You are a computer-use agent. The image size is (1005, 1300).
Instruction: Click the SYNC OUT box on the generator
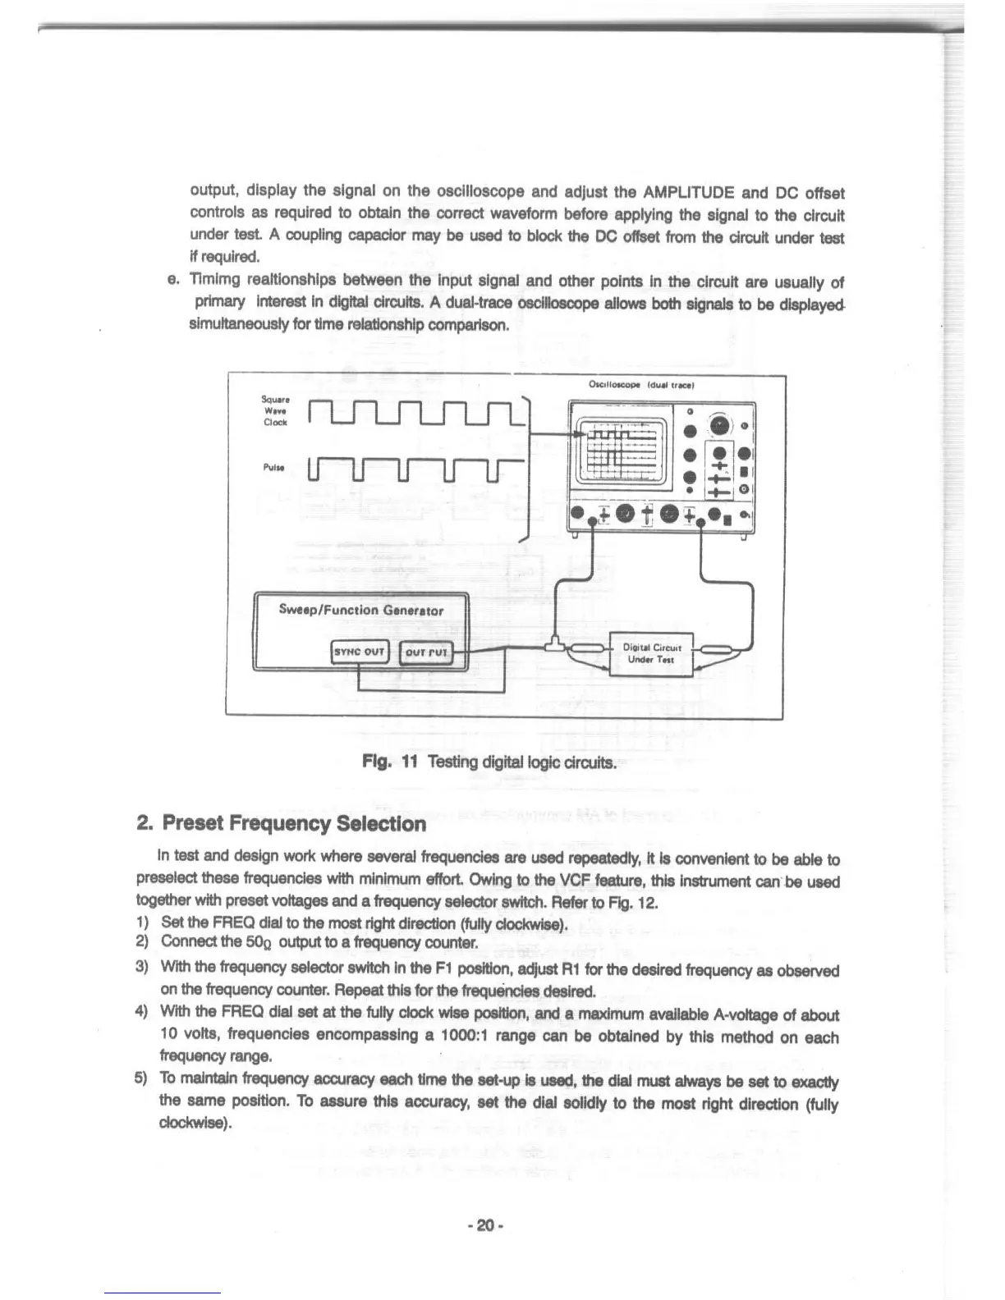(x=358, y=653)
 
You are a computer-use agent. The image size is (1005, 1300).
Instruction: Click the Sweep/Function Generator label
(x=361, y=610)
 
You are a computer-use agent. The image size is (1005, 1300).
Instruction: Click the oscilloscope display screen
(x=621, y=453)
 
